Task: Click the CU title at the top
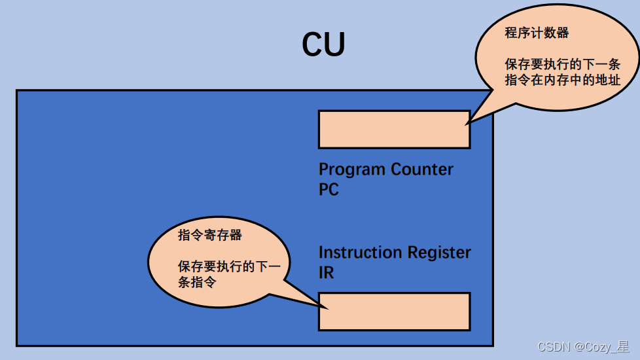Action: [x=323, y=45]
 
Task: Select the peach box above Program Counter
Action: [x=394, y=130]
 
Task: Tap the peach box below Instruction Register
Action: [x=394, y=312]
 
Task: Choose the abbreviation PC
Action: [x=329, y=190]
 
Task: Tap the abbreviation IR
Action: [x=326, y=273]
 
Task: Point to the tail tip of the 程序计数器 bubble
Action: [x=467, y=123]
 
